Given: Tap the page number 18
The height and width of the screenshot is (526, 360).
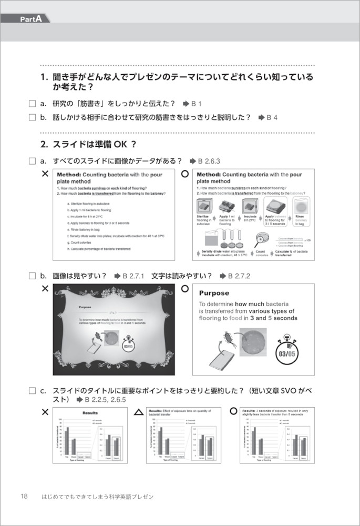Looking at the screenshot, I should coord(24,496).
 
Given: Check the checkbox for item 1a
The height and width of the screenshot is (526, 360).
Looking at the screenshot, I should coord(32,104).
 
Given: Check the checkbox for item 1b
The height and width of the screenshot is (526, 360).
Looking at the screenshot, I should coord(32,117).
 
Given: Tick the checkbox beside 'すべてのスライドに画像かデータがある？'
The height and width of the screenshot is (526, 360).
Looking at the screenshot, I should coord(32,161).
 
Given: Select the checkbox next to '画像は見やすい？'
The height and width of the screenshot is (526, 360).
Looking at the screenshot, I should coord(32,275).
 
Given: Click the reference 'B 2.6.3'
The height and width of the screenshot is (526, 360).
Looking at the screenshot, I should coord(208,161).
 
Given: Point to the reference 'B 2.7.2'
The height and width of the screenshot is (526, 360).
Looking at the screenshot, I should coord(239,275).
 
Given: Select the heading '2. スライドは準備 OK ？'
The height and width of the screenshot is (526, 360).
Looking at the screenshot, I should coord(88,143).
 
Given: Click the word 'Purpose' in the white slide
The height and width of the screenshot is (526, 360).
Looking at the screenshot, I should coord(214,294).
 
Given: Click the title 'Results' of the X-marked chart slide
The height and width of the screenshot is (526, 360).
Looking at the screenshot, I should coord(90,413).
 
